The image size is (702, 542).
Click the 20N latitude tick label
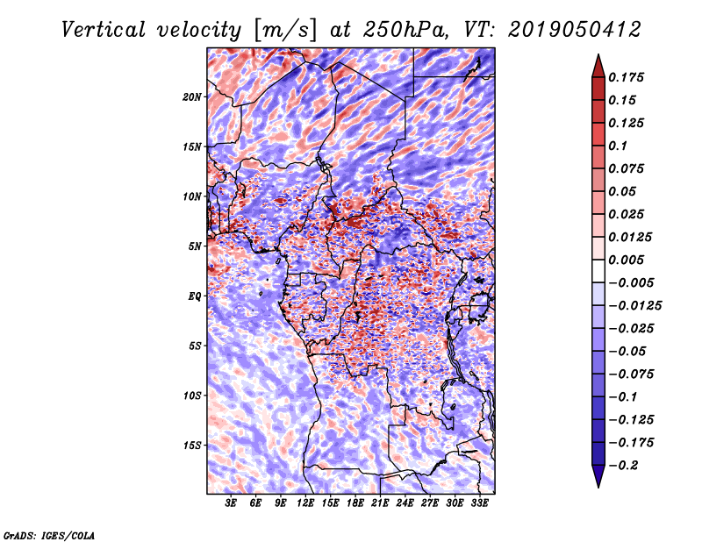coord(192,96)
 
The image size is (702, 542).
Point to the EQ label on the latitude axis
coord(195,296)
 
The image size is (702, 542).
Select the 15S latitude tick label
coord(192,446)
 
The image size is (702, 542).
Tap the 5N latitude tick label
coord(195,246)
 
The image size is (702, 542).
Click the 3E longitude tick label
coord(231,503)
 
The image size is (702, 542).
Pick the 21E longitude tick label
coord(380,503)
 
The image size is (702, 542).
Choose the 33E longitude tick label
coord(479,503)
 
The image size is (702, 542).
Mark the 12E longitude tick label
coord(305,503)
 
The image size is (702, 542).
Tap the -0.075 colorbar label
coord(632,374)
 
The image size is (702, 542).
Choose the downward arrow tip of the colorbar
coord(598,484)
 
